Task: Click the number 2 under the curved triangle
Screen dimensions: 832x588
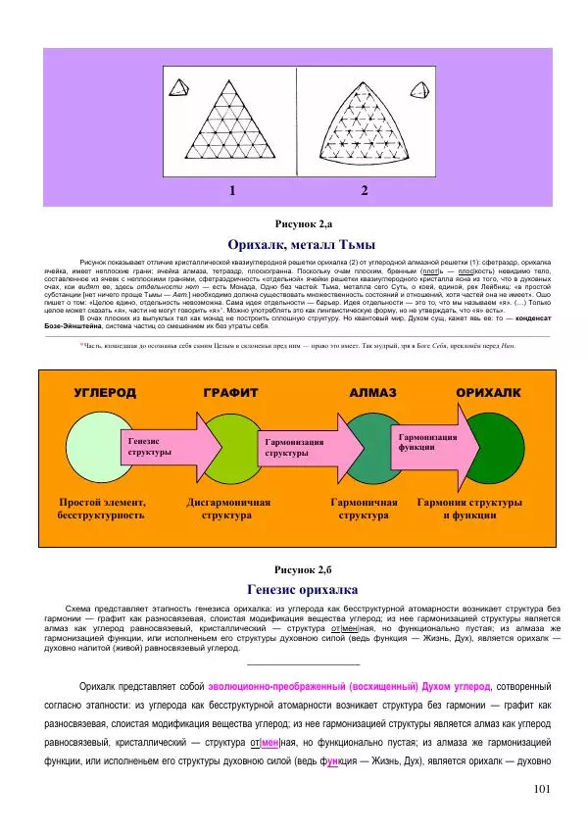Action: coord(364,191)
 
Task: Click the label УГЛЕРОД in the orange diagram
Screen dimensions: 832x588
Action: coord(105,392)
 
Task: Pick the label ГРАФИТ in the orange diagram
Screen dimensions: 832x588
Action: coord(230,392)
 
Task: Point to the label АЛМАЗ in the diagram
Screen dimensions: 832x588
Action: coord(372,392)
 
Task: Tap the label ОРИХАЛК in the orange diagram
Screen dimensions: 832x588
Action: coord(488,392)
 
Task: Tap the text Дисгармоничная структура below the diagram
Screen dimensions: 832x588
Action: coord(227,508)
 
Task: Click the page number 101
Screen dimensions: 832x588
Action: coord(546,789)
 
